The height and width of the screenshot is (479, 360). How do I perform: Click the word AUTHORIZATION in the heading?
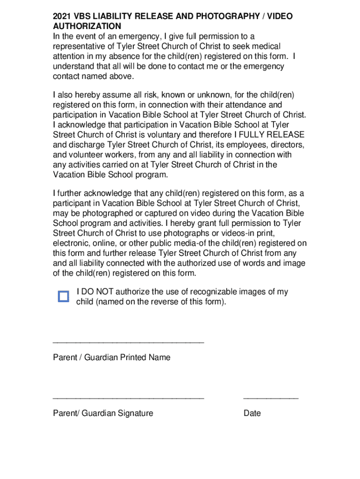[x=87, y=26]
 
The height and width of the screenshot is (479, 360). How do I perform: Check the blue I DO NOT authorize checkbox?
[x=64, y=297]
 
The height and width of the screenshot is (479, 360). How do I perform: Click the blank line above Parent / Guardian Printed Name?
[x=129, y=343]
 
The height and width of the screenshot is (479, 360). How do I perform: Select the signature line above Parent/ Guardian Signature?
[x=129, y=399]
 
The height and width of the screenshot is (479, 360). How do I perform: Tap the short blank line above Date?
[x=271, y=399]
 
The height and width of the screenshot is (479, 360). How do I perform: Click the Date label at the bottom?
[x=252, y=414]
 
